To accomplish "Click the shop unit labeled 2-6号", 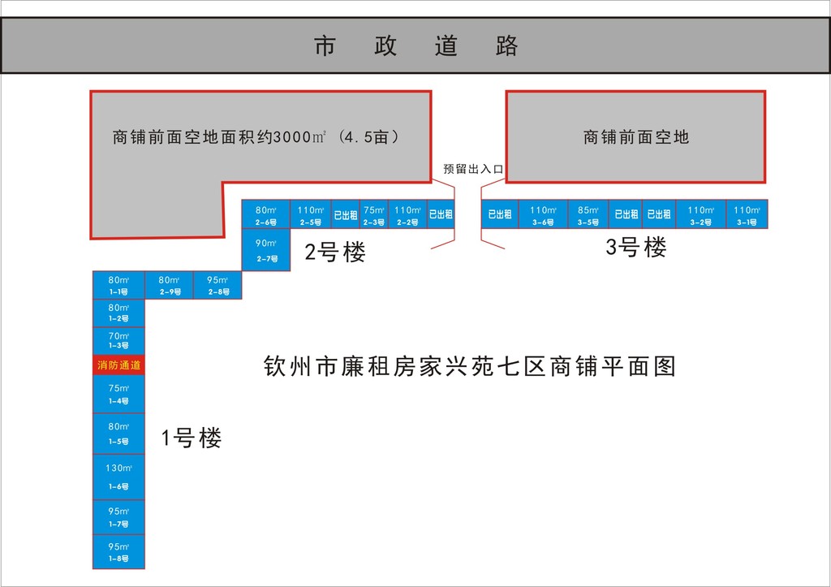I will (x=266, y=214).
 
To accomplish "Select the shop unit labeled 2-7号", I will (x=266, y=250).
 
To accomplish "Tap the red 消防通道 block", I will (x=119, y=365).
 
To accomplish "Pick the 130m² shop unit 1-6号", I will (x=119, y=477).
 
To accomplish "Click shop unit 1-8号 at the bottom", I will (x=119, y=552).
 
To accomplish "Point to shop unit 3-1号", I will (x=747, y=214).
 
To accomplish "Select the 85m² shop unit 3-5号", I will (x=588, y=214).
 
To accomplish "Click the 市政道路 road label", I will (x=415, y=46).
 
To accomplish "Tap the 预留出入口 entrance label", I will (x=474, y=169).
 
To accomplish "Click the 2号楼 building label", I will (x=335, y=252).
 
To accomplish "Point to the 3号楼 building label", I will (x=636, y=248).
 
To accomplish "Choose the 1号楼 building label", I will (x=192, y=439).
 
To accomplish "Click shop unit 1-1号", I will (x=119, y=285).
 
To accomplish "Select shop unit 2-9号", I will (x=169, y=285).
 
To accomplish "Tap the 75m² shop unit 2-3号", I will (x=374, y=214).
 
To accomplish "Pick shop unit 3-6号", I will (x=543, y=214).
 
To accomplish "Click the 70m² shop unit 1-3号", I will (x=119, y=340).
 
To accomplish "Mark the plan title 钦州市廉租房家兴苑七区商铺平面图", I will (x=470, y=367).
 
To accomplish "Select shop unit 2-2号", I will (x=407, y=214).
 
